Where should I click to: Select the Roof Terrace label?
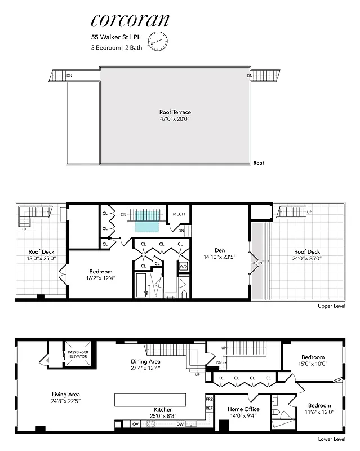pyautogui.click(x=175, y=116)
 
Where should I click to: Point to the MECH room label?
pyautogui.click(x=179, y=214)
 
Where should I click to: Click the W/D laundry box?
pyautogui.click(x=183, y=266)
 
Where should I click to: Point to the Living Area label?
pyautogui.click(x=66, y=398)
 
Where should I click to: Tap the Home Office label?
pyautogui.click(x=243, y=412)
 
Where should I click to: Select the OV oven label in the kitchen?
pyautogui.click(x=136, y=424)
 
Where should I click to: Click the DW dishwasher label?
pyautogui.click(x=180, y=424)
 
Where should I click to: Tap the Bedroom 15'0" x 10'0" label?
pyautogui.click(x=312, y=361)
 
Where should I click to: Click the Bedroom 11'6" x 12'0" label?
pyautogui.click(x=319, y=409)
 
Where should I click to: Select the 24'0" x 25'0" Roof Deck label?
pyautogui.click(x=306, y=255)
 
